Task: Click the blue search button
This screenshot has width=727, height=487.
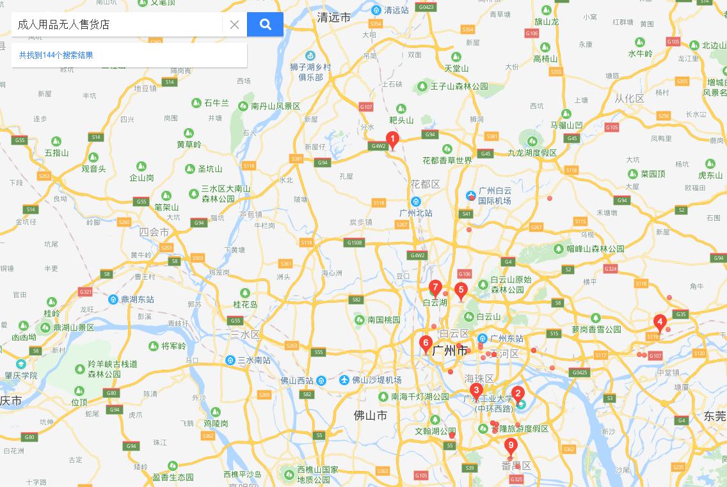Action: click(265, 24)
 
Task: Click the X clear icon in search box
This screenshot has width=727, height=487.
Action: click(234, 25)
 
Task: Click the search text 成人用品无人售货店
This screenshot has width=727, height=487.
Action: click(63, 24)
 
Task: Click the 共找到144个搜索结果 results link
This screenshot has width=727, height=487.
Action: click(56, 55)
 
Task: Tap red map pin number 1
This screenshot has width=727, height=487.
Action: click(392, 139)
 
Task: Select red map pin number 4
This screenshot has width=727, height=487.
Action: click(660, 322)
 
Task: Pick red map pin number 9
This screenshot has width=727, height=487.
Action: click(510, 445)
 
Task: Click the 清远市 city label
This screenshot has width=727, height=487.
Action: click(334, 18)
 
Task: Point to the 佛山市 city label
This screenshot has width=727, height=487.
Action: click(371, 415)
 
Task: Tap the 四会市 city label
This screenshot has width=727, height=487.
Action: click(154, 232)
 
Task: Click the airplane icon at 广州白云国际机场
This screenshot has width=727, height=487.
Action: click(471, 195)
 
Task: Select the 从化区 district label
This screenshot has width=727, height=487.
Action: click(629, 98)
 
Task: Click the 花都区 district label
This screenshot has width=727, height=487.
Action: click(426, 184)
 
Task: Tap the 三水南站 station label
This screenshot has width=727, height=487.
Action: click(253, 360)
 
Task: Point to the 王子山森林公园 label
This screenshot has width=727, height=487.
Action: click(459, 86)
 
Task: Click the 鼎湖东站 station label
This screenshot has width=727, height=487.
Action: click(138, 299)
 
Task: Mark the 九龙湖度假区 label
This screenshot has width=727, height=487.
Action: click(532, 152)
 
